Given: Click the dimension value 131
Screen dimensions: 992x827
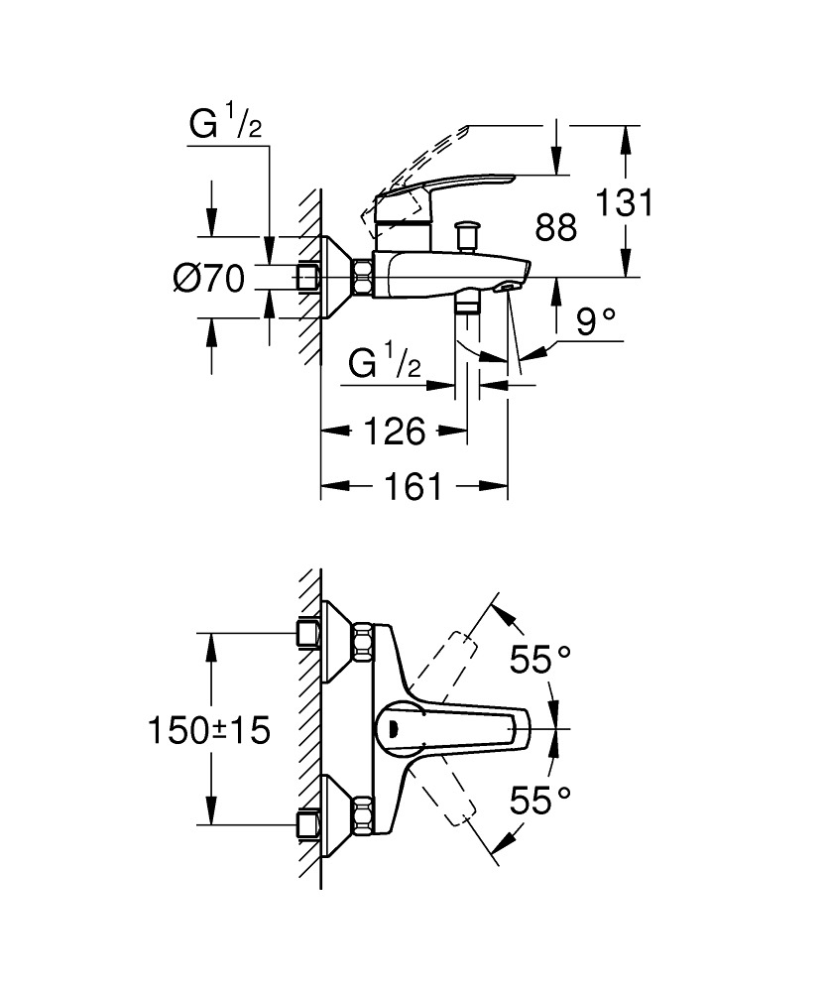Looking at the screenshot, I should click(625, 203).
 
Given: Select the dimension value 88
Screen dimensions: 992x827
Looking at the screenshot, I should click(555, 227).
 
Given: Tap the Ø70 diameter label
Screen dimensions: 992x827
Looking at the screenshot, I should click(208, 281).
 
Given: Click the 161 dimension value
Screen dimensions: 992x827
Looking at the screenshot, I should click(413, 486).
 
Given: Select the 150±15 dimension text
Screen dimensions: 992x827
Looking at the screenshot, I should click(209, 731).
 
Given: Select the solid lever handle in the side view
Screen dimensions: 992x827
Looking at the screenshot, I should click(446, 186).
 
